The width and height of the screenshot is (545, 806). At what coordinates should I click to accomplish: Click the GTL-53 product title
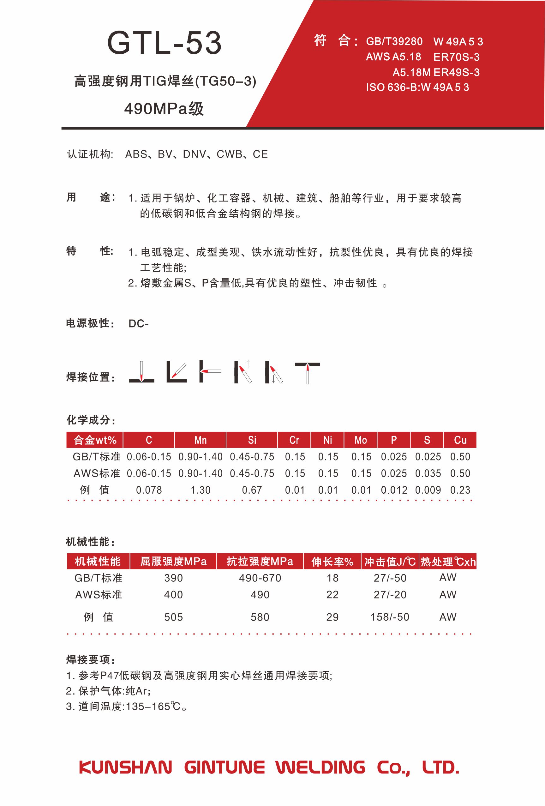tap(164, 43)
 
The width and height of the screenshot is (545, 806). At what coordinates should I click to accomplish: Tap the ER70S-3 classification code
tap(456, 57)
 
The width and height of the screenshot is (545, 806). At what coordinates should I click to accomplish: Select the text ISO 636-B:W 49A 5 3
tap(417, 87)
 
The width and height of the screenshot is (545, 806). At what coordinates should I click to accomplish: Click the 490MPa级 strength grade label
tap(164, 109)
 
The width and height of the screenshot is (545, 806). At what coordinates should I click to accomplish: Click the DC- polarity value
tap(138, 324)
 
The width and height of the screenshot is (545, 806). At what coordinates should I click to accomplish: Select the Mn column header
tap(201, 440)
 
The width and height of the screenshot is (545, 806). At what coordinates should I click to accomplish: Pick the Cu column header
tap(460, 440)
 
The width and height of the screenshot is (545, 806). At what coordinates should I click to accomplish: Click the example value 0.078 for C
tap(149, 490)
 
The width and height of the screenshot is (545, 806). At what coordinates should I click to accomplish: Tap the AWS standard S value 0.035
tap(428, 473)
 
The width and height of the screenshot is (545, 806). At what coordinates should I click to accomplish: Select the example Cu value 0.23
tap(460, 490)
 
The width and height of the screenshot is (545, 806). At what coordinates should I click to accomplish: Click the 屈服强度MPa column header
tap(173, 562)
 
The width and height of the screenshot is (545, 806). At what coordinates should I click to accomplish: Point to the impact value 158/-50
tap(390, 617)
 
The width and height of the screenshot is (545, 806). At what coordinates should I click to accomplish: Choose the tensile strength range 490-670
tap(260, 578)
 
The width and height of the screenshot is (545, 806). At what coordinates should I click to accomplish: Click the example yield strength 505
tap(173, 617)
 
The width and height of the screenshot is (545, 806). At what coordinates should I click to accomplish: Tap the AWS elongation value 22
tap(332, 594)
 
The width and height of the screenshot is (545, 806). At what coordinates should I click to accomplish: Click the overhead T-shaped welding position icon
tap(308, 372)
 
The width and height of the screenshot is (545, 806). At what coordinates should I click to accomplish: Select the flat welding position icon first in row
tap(141, 372)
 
